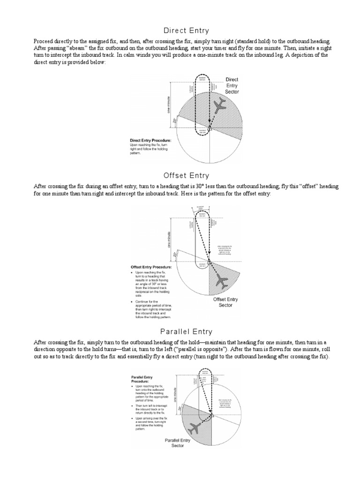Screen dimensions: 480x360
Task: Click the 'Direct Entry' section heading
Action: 180,30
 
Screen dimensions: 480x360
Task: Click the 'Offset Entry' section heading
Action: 180,176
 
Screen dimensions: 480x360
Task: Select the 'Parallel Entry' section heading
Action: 180,332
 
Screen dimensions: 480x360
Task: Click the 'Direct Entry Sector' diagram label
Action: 232,86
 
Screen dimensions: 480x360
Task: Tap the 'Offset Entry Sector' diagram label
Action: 226,302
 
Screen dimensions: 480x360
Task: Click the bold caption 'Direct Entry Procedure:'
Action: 150,140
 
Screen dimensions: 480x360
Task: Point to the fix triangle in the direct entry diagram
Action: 210,127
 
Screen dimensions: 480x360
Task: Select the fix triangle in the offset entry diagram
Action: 210,261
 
